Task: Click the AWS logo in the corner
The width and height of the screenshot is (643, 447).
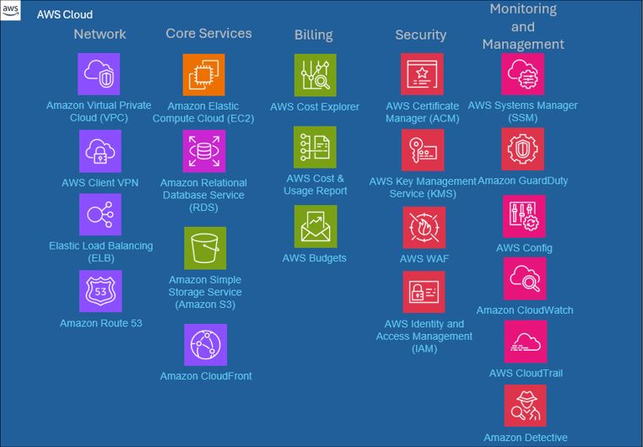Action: click(10, 10)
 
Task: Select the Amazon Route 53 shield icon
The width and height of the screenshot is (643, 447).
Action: click(100, 291)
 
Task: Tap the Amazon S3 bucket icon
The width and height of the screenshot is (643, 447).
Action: click(205, 248)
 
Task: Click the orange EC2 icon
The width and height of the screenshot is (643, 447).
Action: click(204, 74)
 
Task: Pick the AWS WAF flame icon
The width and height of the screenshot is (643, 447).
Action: click(424, 228)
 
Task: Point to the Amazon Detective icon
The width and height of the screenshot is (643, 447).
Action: click(526, 406)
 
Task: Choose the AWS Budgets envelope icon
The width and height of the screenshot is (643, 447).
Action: click(316, 227)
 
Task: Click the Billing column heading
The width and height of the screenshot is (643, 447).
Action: click(314, 35)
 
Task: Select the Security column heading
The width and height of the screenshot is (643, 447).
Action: click(421, 35)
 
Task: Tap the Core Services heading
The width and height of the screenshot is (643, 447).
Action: click(208, 33)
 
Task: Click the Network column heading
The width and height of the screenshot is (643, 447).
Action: click(100, 34)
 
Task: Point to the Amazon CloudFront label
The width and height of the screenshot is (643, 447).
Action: click(206, 375)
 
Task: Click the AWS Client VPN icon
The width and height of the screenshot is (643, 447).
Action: click(100, 151)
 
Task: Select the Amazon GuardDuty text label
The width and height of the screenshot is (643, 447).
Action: click(523, 180)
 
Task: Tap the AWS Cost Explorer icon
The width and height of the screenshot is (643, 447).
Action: click(316, 75)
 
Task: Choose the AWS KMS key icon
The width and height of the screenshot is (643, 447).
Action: click(423, 150)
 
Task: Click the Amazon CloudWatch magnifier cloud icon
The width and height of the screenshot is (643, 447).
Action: click(525, 278)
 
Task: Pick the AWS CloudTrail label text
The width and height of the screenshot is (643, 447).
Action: click(526, 373)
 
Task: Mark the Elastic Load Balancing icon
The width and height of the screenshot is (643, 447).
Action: click(100, 215)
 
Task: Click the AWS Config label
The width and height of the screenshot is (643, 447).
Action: click(524, 248)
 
